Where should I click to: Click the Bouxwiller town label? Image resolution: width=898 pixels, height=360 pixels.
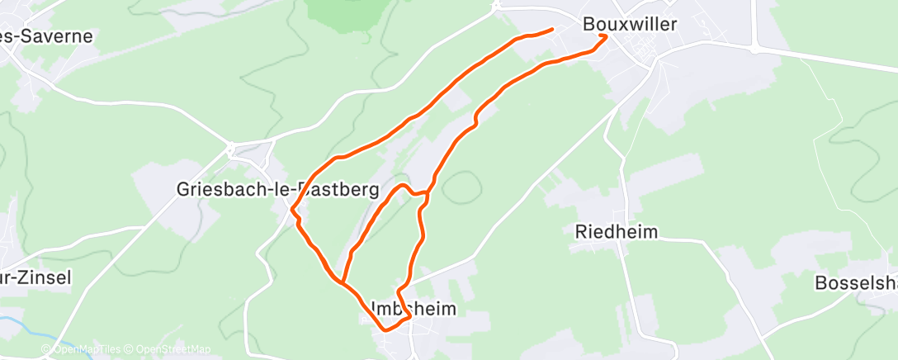click(x=629, y=24)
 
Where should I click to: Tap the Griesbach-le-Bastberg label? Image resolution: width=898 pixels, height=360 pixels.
click(x=277, y=190)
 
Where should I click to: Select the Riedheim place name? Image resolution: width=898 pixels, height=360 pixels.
click(x=617, y=232)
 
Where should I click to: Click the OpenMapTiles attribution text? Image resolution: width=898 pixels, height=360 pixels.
click(x=84, y=349)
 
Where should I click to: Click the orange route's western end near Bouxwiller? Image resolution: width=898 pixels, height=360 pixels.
click(x=552, y=30)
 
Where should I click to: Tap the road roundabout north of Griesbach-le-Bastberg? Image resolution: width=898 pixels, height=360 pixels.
click(x=230, y=149)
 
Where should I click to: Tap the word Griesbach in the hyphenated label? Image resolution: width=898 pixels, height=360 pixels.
click(x=215, y=190)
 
